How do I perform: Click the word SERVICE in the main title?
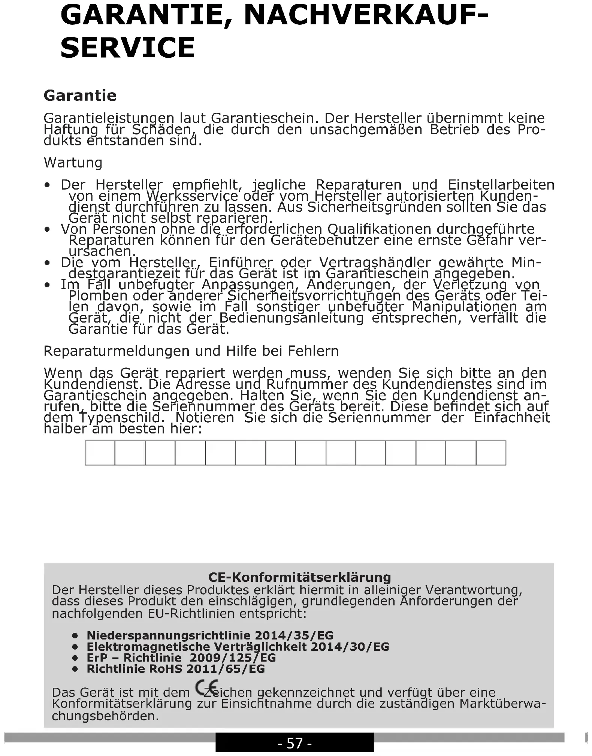pyautogui.click(x=127, y=48)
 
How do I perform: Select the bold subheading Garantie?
pyautogui.click(x=80, y=96)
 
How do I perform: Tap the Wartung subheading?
pyautogui.click(x=73, y=163)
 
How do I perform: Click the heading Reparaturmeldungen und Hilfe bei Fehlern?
pyautogui.click(x=191, y=351)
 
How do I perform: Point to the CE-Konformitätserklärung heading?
pyautogui.click(x=299, y=577)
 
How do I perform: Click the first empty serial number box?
pyautogui.click(x=100, y=453)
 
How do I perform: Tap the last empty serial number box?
pyautogui.click(x=491, y=453)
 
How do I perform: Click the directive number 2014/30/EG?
pyautogui.click(x=350, y=647)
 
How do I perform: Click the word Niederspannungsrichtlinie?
pyautogui.click(x=169, y=635)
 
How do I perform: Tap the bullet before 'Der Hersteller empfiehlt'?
pyautogui.click(x=47, y=185)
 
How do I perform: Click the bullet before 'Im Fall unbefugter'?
pyautogui.click(x=47, y=285)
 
